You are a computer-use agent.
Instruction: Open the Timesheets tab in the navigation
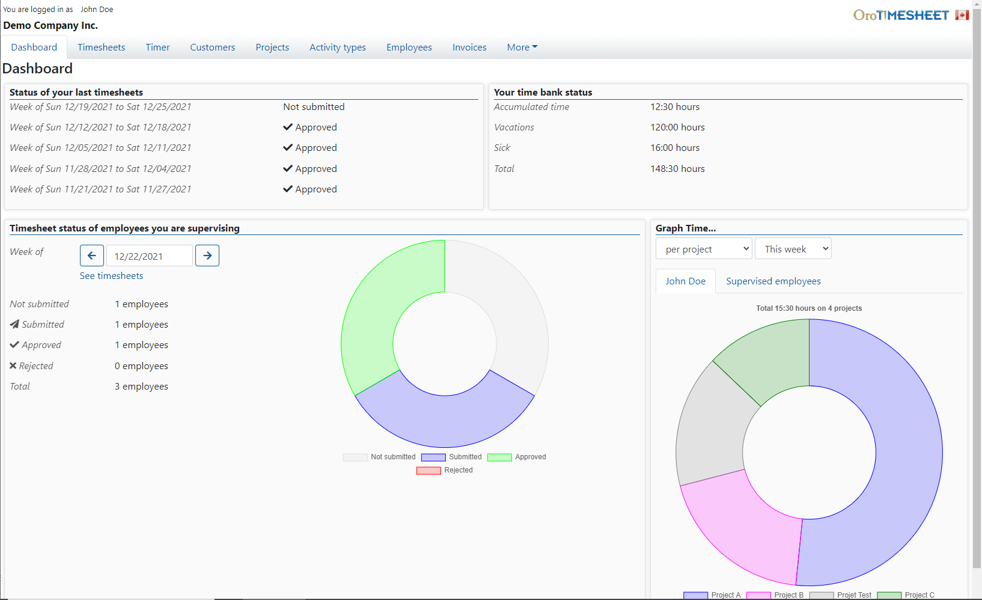101,47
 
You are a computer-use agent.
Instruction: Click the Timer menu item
157,47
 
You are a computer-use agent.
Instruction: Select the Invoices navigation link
469,47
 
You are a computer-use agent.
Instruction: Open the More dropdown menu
522,47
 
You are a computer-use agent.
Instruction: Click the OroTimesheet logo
901,15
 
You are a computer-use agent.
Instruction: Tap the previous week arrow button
92,256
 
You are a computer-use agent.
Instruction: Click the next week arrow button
207,256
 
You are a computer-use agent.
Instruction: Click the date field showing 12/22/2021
149,256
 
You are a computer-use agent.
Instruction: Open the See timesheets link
111,276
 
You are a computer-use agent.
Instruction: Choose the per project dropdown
704,249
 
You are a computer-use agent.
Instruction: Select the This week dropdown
793,249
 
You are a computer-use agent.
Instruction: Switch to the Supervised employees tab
773,281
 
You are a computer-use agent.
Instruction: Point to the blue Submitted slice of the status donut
445,421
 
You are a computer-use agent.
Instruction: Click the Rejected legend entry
445,470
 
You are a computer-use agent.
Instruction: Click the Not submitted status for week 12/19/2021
314,107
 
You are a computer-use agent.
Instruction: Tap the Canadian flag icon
962,15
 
